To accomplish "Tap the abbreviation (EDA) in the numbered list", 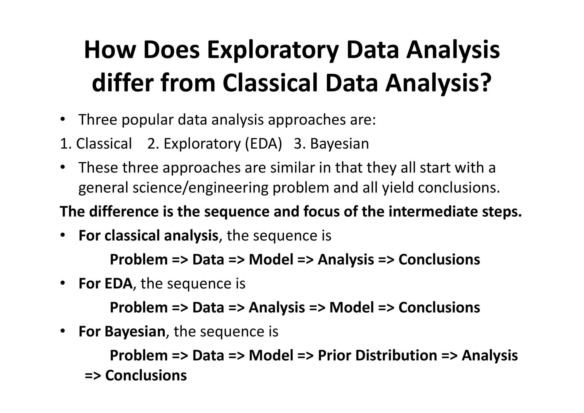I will pyautogui.click(x=263, y=143).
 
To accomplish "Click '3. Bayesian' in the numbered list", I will pyautogui.click(x=331, y=143).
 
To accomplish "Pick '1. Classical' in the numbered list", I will pyautogui.click(x=96, y=143).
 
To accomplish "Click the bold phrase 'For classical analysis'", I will pyautogui.click(x=148, y=236).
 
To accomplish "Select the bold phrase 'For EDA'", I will pyautogui.click(x=105, y=284).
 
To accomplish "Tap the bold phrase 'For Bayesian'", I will pyautogui.click(x=122, y=331).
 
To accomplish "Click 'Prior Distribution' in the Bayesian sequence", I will pyautogui.click(x=377, y=355).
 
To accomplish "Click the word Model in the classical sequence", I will pyautogui.click(x=271, y=260).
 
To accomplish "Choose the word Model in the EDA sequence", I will pyautogui.click(x=351, y=307).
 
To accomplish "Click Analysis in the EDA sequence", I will pyautogui.click(x=277, y=307).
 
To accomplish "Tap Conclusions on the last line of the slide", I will pyautogui.click(x=146, y=375).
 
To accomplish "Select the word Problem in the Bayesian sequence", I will pyautogui.click(x=139, y=355).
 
